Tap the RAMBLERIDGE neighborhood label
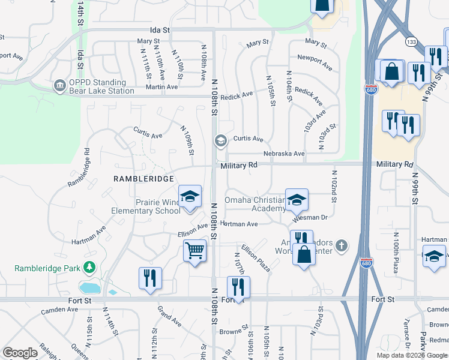pyautogui.click(x=144, y=179)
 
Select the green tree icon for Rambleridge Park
pyautogui.click(x=89, y=266)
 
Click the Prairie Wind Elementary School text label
pyautogui.click(x=146, y=206)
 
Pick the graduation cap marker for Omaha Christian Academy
pyautogui.click(x=297, y=200)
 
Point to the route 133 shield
pyautogui.click(x=411, y=42)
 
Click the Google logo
pyautogui.click(x=20, y=353)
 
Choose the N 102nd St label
pyautogui.click(x=333, y=185)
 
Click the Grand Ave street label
pyautogui.click(x=169, y=317)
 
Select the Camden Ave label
pyautogui.click(x=59, y=311)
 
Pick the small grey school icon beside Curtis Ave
pyautogui.click(x=220, y=140)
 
